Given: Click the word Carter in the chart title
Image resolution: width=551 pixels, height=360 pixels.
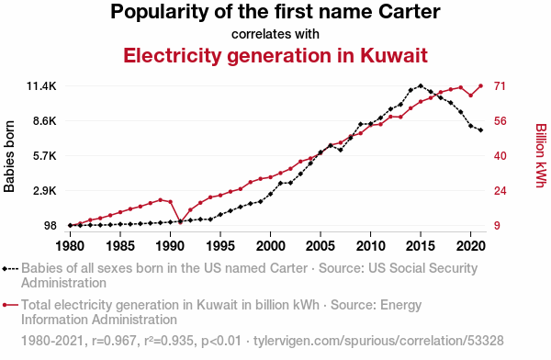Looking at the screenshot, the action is tap(409, 12).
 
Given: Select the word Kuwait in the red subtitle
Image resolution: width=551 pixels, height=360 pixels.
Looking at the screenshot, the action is tap(394, 55).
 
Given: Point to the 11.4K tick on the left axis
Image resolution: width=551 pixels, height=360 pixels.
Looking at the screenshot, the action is tap(41, 86).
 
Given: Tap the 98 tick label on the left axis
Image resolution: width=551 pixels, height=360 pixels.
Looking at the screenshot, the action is tap(51, 225).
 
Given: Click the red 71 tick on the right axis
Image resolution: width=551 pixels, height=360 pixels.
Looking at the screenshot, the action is tap(500, 86).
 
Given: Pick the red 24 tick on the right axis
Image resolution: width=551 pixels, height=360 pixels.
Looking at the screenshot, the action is tap(500, 190).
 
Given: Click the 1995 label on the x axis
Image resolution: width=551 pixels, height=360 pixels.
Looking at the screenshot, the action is tap(220, 246).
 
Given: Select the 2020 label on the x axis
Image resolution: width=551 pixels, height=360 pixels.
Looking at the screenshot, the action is tap(470, 246).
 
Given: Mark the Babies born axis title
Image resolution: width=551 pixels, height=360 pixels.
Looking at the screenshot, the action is tap(9, 156).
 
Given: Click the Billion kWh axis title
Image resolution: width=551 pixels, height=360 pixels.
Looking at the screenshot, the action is tap(541, 155).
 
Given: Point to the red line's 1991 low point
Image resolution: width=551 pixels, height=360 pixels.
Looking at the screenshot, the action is tap(180, 222).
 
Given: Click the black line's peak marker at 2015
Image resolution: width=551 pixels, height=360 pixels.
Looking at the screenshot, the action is tap(421, 85).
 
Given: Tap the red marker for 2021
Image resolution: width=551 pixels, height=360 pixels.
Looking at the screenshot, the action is tap(480, 85).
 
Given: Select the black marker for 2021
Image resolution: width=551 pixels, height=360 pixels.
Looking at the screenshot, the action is tap(480, 130).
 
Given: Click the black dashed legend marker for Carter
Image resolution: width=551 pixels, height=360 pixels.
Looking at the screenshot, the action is tap(10, 269).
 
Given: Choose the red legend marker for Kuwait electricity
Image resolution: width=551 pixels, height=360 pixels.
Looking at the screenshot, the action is tap(10, 305).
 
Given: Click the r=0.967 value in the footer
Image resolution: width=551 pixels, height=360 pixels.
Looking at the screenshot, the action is tap(114, 341).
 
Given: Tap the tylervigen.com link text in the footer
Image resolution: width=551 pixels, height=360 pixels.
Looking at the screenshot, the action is tap(378, 341).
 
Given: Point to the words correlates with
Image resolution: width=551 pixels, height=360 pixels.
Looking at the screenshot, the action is tap(275, 34).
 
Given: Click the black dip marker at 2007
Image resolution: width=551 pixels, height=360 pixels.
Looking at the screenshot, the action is tap(341, 150).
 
